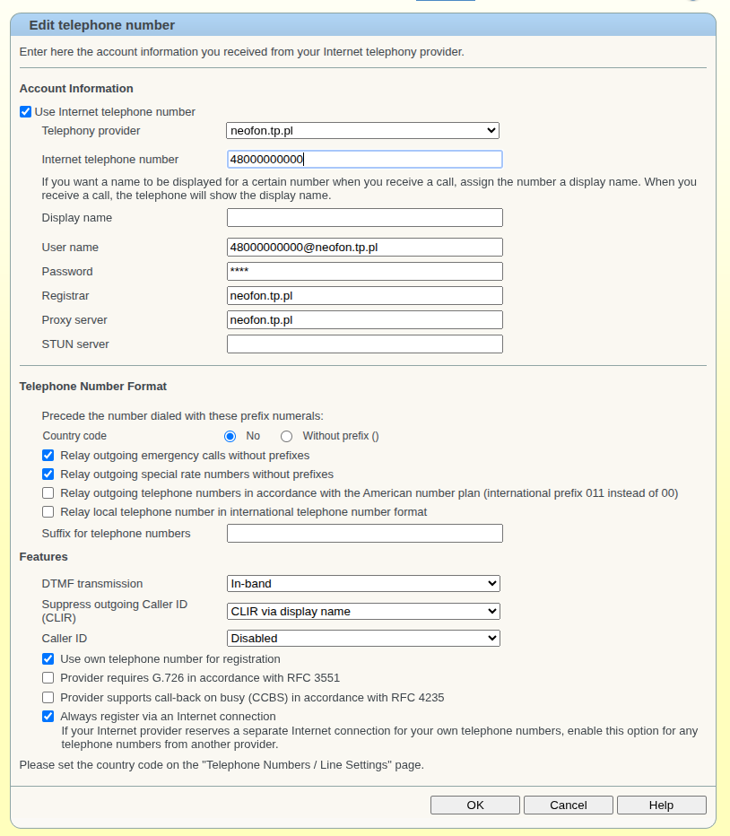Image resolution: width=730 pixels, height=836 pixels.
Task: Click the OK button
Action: click(x=474, y=805)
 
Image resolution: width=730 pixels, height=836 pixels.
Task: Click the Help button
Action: click(x=661, y=805)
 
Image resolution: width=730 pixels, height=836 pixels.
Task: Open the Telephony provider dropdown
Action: click(x=363, y=131)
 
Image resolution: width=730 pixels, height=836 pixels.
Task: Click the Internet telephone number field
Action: click(x=364, y=160)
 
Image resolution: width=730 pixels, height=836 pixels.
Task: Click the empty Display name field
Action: click(x=364, y=218)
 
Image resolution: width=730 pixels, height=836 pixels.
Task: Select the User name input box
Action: click(x=364, y=248)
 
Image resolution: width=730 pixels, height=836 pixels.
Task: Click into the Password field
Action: click(x=364, y=272)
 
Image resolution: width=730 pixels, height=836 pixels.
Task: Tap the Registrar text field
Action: click(x=364, y=296)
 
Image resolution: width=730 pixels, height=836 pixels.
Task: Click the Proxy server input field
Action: click(x=364, y=320)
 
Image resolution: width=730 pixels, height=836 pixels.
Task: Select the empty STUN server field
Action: click(x=364, y=344)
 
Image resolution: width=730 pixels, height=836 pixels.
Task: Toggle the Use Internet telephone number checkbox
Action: click(x=26, y=112)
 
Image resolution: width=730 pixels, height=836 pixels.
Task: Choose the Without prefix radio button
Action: click(x=287, y=437)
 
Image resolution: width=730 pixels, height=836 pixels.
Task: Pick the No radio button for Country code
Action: click(x=230, y=437)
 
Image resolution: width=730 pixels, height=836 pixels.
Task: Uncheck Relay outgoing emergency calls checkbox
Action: click(x=48, y=456)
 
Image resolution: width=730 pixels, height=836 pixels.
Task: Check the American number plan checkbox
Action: click(x=48, y=493)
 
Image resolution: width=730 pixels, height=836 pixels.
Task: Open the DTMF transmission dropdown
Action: click(x=363, y=584)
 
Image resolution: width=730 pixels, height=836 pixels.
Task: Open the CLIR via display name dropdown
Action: click(x=363, y=612)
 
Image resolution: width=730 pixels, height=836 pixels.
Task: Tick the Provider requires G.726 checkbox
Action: click(x=48, y=678)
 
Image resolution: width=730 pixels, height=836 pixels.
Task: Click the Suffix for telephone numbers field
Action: click(x=364, y=534)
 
